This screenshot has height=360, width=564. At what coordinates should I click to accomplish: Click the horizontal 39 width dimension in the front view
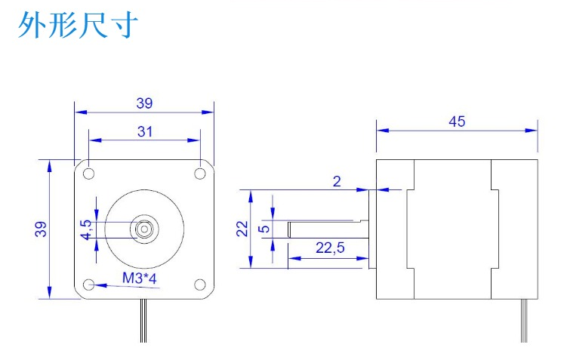coord(143,103)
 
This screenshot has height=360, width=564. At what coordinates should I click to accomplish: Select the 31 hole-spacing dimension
coord(145,131)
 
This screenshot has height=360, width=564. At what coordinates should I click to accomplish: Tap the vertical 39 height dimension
coord(40,229)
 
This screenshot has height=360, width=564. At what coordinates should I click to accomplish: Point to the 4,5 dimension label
coord(85,229)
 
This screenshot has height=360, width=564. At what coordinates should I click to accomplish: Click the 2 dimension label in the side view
coord(337,180)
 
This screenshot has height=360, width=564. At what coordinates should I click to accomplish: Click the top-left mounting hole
coord(89,173)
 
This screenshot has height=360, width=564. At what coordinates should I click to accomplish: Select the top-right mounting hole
coord(200,173)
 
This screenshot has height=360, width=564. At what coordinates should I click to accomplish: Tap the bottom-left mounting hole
coord(89,285)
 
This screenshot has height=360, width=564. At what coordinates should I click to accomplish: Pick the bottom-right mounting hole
coord(200,285)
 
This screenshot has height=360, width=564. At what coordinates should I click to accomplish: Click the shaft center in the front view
coord(144,228)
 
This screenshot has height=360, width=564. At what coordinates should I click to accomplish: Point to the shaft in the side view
coord(325,229)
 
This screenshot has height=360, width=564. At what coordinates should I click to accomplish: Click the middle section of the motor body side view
coord(453,229)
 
